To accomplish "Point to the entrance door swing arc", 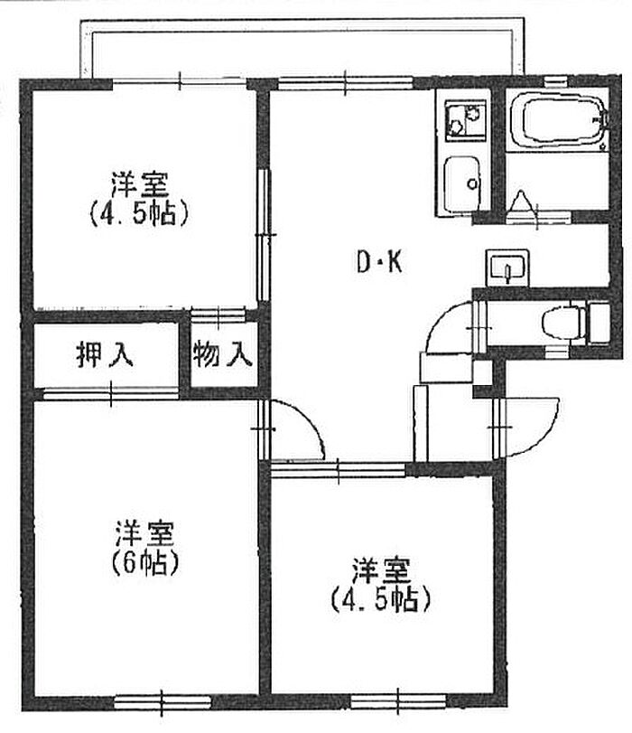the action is click(533, 425).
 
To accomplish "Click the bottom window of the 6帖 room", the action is click(162, 700).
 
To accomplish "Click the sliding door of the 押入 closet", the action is click(111, 392).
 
